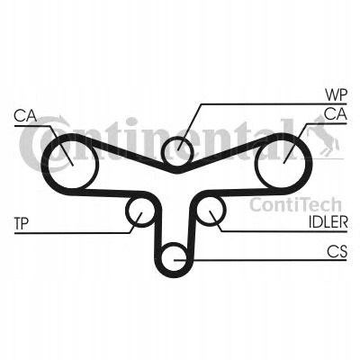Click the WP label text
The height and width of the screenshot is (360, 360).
pos(336,95)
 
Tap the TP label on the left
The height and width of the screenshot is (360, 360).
pos(22,223)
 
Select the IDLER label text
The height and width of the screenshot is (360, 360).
pos(328,222)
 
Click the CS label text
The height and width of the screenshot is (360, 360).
pos(337,251)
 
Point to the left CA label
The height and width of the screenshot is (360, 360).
pos(25,116)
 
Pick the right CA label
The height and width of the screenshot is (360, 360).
pos(336,114)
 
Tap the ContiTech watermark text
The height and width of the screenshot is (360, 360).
pos(295,205)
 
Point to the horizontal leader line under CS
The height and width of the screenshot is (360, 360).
pos(260,260)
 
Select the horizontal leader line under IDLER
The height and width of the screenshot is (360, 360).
pos(284,231)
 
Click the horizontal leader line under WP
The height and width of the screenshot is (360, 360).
pos(274,104)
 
